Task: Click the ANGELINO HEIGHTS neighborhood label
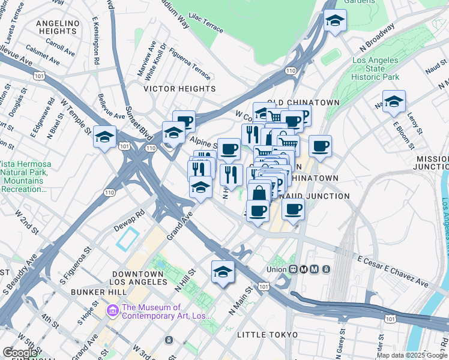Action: coord(58,27)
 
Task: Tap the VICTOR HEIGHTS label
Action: coord(179,89)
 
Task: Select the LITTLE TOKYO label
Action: coord(267,334)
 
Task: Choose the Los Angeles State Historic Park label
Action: coord(375,69)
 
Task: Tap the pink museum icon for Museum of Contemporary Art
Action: coord(112,310)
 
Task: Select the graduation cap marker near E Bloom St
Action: coord(394,101)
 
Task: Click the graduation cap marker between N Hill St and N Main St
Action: coord(223,271)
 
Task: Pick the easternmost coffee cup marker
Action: coord(320,146)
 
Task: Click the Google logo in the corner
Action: coord(20,353)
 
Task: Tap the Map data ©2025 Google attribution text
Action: coord(412,355)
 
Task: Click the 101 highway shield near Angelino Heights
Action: coord(40,76)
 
